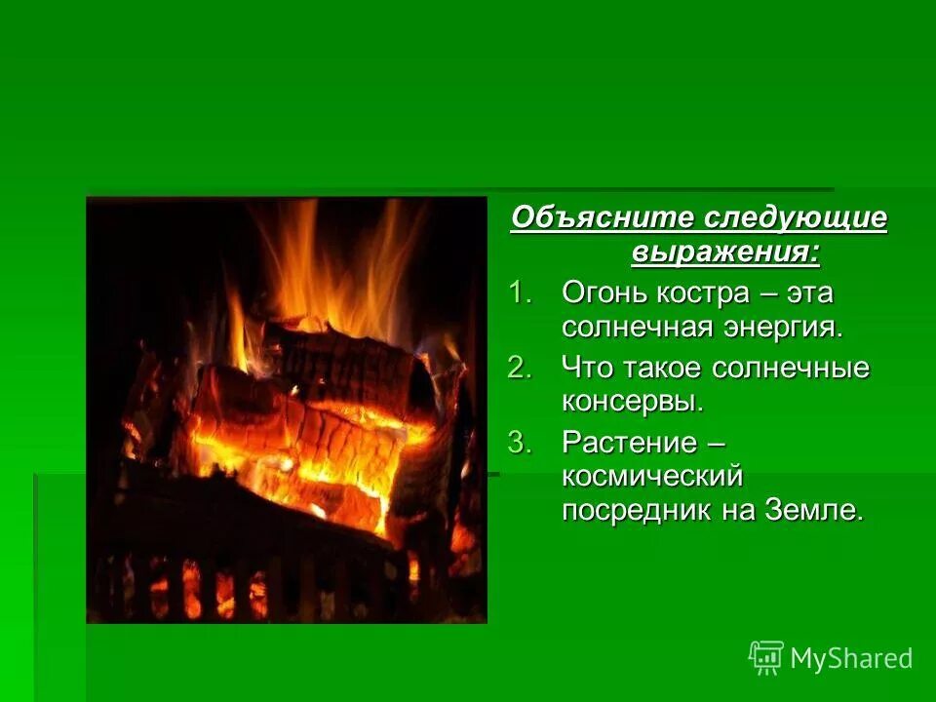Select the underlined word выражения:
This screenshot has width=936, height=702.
click(725, 253)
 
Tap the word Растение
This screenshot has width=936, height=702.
click(629, 443)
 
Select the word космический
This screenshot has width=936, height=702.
click(652, 477)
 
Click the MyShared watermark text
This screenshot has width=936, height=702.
click(851, 659)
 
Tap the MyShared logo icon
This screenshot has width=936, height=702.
click(766, 658)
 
